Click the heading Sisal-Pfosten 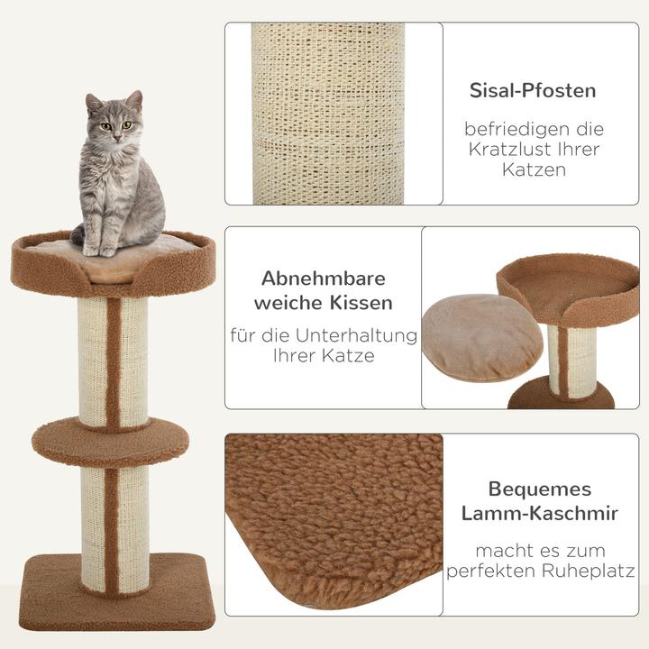tap(532, 91)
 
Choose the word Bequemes tap(540, 489)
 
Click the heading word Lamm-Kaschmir tap(540, 514)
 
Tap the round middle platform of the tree tap(110, 440)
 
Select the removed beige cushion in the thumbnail tap(482, 337)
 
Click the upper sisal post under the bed tap(112, 361)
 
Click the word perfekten tap(498, 571)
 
